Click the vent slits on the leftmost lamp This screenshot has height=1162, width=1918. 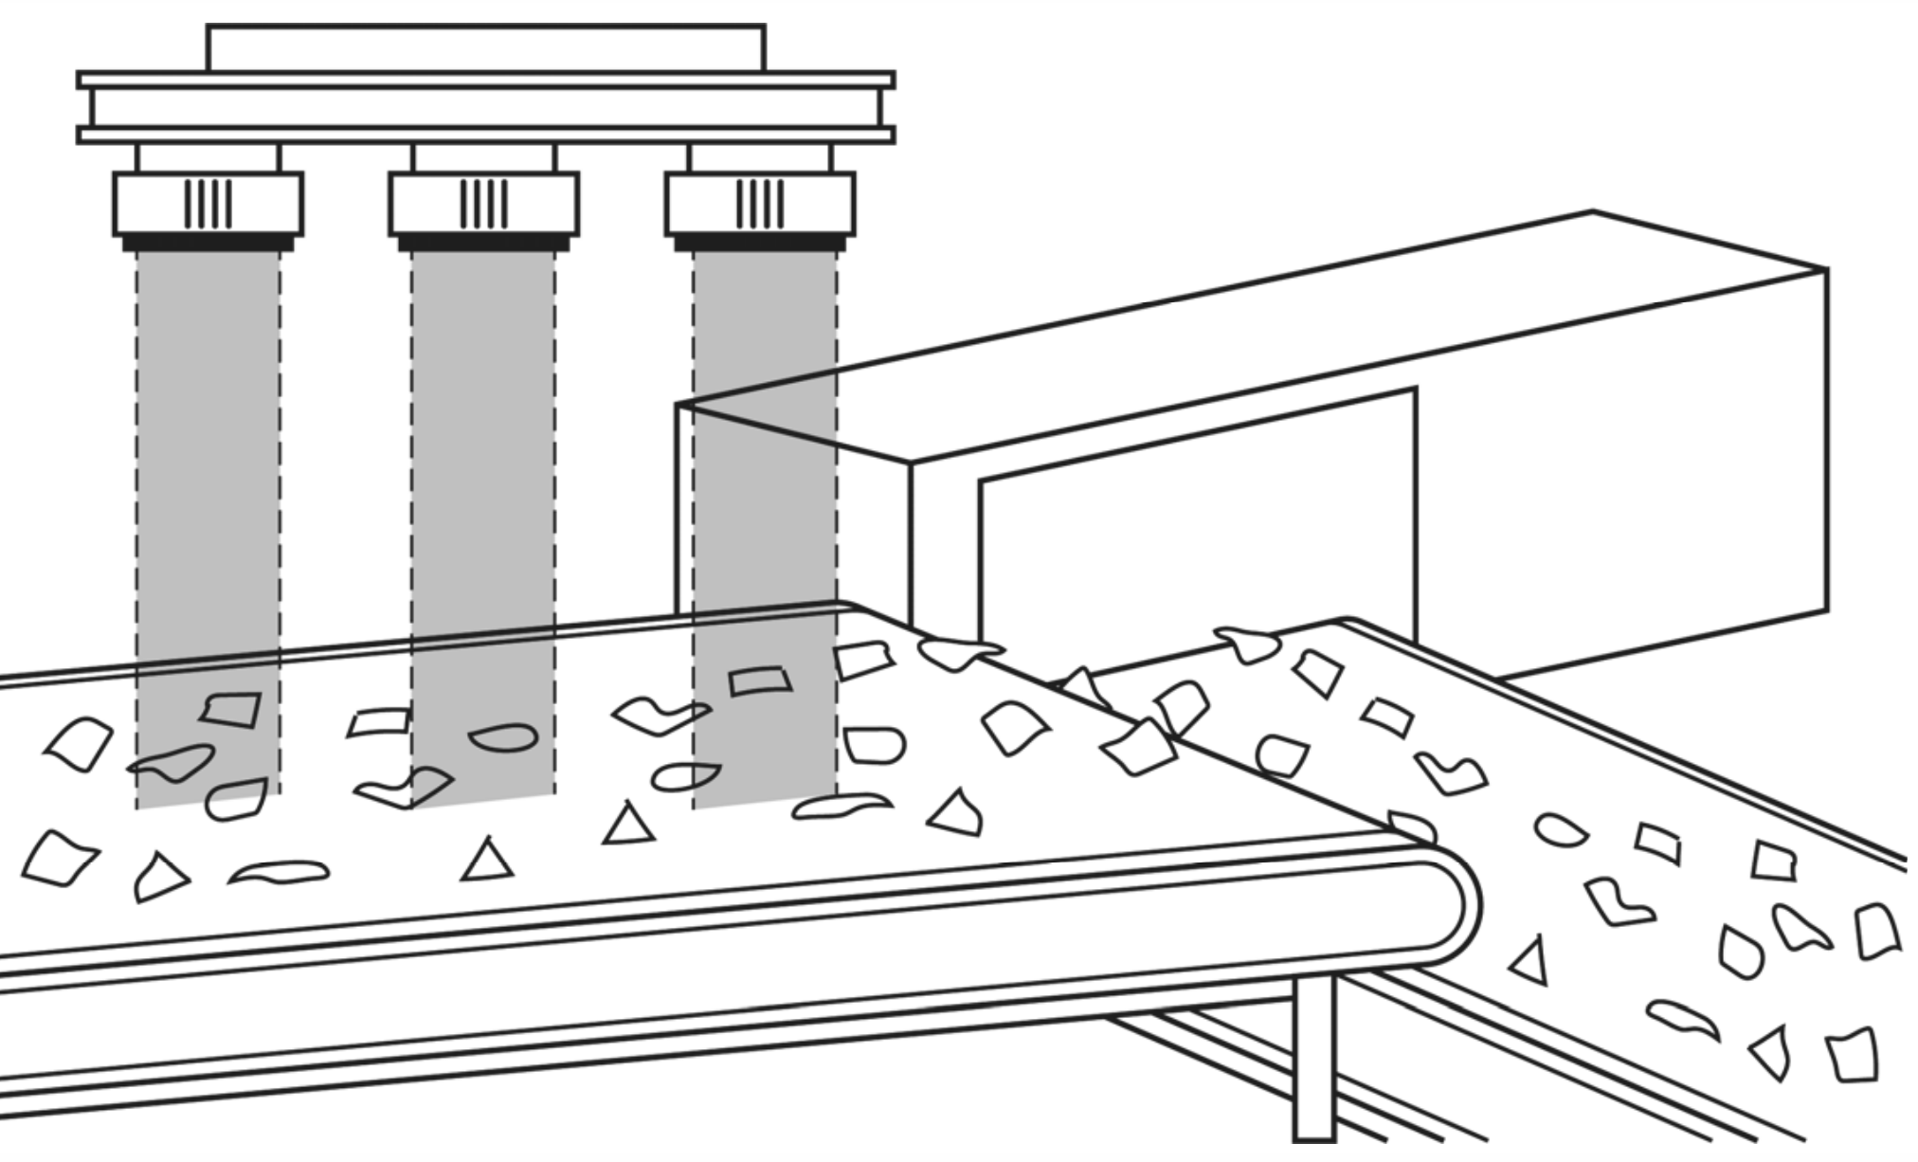(x=208, y=204)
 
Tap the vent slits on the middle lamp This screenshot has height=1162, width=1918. (x=483, y=204)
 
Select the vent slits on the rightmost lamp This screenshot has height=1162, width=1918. (x=760, y=204)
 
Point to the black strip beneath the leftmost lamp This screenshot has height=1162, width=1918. (x=208, y=244)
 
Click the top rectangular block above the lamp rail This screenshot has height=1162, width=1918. (x=485, y=47)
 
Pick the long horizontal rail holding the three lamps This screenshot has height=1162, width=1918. (x=485, y=107)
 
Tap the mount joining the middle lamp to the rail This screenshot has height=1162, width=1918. (x=483, y=157)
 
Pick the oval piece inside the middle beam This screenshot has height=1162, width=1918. (x=502, y=737)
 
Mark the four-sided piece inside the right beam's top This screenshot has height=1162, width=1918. (x=760, y=680)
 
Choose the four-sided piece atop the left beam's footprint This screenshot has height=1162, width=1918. (x=232, y=709)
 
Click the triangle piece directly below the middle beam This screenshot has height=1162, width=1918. (x=487, y=861)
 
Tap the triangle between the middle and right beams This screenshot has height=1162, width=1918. (x=627, y=825)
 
